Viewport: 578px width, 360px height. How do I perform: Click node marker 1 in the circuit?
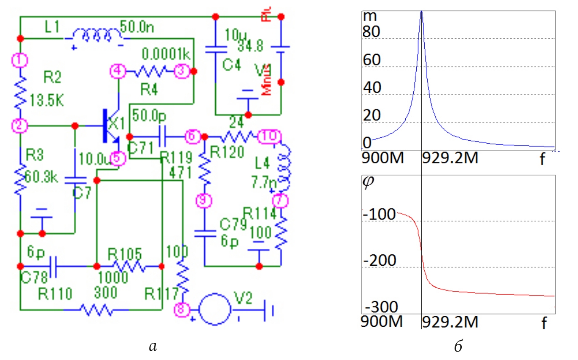point(19,60)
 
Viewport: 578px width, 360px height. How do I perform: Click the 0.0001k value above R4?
point(166,55)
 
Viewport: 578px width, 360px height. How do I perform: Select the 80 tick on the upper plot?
point(372,32)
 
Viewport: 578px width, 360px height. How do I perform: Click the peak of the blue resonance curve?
point(421,12)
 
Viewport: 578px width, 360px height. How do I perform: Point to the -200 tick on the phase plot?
point(379,261)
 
